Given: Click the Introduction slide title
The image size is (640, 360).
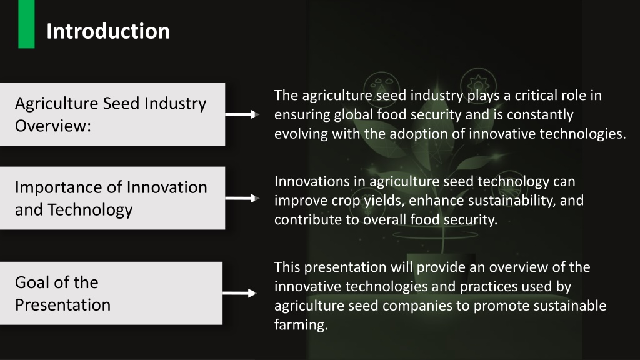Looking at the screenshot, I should (107, 31).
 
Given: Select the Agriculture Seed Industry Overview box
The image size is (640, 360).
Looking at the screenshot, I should (112, 114).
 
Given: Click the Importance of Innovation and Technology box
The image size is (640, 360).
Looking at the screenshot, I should (112, 198).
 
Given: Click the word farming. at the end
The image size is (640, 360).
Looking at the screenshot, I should (301, 326).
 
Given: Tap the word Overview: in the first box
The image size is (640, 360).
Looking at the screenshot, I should (53, 125).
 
